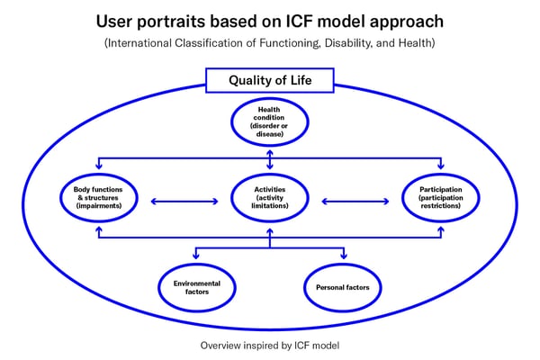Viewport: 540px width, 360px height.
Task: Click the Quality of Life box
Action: [x=270, y=80]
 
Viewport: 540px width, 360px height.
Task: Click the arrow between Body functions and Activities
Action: [x=184, y=202]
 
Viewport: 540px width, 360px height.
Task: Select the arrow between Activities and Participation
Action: [x=355, y=202]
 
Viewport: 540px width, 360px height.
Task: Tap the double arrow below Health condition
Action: [x=270, y=159]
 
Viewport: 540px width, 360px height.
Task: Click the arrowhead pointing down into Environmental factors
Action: [x=196, y=256]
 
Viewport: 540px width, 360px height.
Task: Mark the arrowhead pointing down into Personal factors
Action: [x=344, y=256]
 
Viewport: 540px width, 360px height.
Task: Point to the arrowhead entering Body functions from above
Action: [x=99, y=166]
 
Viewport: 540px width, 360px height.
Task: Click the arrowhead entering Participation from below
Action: [x=441, y=230]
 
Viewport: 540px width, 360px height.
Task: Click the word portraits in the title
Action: [x=171, y=22]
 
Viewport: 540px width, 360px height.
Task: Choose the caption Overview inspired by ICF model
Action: [x=270, y=346]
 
